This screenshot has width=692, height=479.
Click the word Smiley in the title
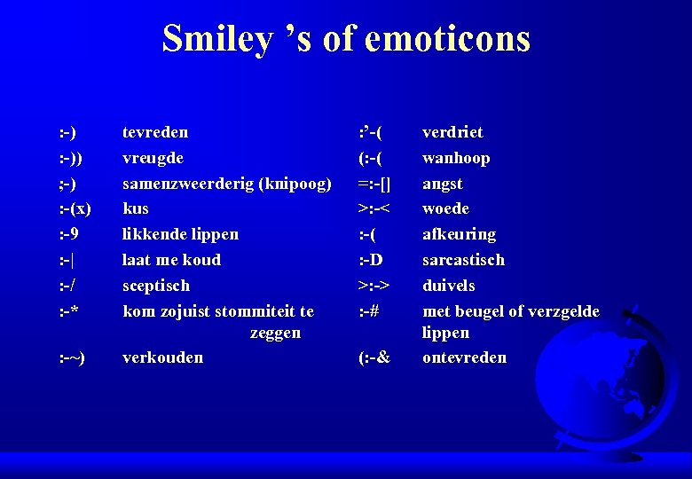(x=216, y=38)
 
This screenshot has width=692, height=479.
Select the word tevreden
(x=155, y=132)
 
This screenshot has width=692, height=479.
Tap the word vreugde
(x=153, y=158)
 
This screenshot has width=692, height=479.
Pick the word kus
(x=136, y=208)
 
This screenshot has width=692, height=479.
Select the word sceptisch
(x=156, y=286)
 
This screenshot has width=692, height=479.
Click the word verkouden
(x=162, y=357)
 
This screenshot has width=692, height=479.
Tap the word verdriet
(x=452, y=132)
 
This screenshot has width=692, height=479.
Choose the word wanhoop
(x=456, y=158)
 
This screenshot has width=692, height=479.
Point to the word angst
(x=442, y=184)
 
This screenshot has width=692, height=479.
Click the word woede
(x=445, y=208)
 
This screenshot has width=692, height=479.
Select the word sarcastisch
(x=463, y=260)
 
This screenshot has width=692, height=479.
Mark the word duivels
(x=448, y=286)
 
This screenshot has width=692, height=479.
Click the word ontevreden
(x=464, y=357)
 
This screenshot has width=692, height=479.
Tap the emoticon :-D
(x=372, y=260)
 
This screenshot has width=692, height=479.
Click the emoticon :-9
(x=70, y=234)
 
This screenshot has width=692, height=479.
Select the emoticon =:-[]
(x=374, y=184)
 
